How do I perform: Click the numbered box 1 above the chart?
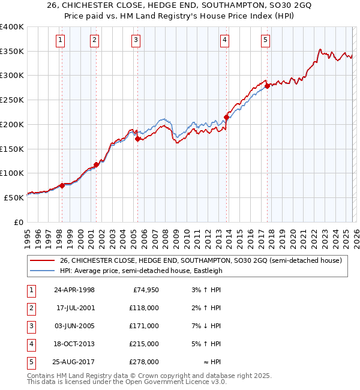(61, 40)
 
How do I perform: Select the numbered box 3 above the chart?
(137, 40)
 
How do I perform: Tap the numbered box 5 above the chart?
(265, 40)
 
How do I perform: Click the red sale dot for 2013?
(226, 117)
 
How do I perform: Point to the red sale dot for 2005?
(137, 139)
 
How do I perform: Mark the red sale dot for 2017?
(267, 86)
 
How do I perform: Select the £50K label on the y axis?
(14, 197)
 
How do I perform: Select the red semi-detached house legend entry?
(200, 260)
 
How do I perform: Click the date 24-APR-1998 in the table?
(73, 290)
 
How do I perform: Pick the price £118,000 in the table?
(145, 308)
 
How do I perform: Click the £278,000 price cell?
(145, 362)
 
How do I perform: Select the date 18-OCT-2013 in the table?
(73, 344)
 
